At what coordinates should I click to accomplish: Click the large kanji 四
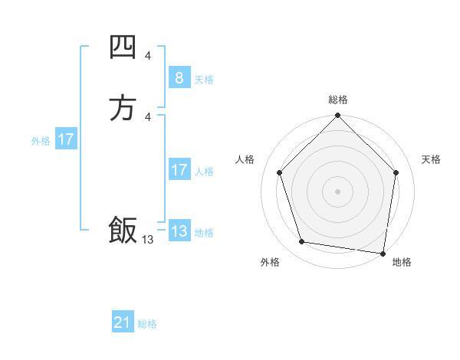tap(123, 48)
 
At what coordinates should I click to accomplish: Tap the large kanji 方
tap(123, 108)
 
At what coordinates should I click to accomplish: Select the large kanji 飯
tap(123, 231)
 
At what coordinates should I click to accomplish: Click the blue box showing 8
tap(179, 77)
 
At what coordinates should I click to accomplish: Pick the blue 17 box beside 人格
tap(179, 170)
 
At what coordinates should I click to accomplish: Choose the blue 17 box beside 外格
tap(66, 139)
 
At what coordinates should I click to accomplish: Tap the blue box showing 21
tap(123, 322)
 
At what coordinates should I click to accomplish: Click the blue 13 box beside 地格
tap(179, 231)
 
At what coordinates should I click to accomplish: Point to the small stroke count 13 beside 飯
tap(147, 240)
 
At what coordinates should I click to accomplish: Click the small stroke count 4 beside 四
tap(147, 55)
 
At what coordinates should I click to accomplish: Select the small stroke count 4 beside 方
tap(147, 116)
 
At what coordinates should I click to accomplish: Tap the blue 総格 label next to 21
tap(147, 324)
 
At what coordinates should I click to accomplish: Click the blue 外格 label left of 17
tap(41, 141)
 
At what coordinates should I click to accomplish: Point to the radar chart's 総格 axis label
tap(338, 100)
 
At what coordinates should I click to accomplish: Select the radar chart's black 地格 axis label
tap(402, 262)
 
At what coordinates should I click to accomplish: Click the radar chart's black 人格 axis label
tap(245, 159)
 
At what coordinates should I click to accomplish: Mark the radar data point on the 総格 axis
tap(337, 116)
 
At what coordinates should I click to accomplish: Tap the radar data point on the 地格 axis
tap(383, 253)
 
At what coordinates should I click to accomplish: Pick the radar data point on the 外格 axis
tap(302, 242)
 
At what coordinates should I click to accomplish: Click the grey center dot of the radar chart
tap(337, 191)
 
